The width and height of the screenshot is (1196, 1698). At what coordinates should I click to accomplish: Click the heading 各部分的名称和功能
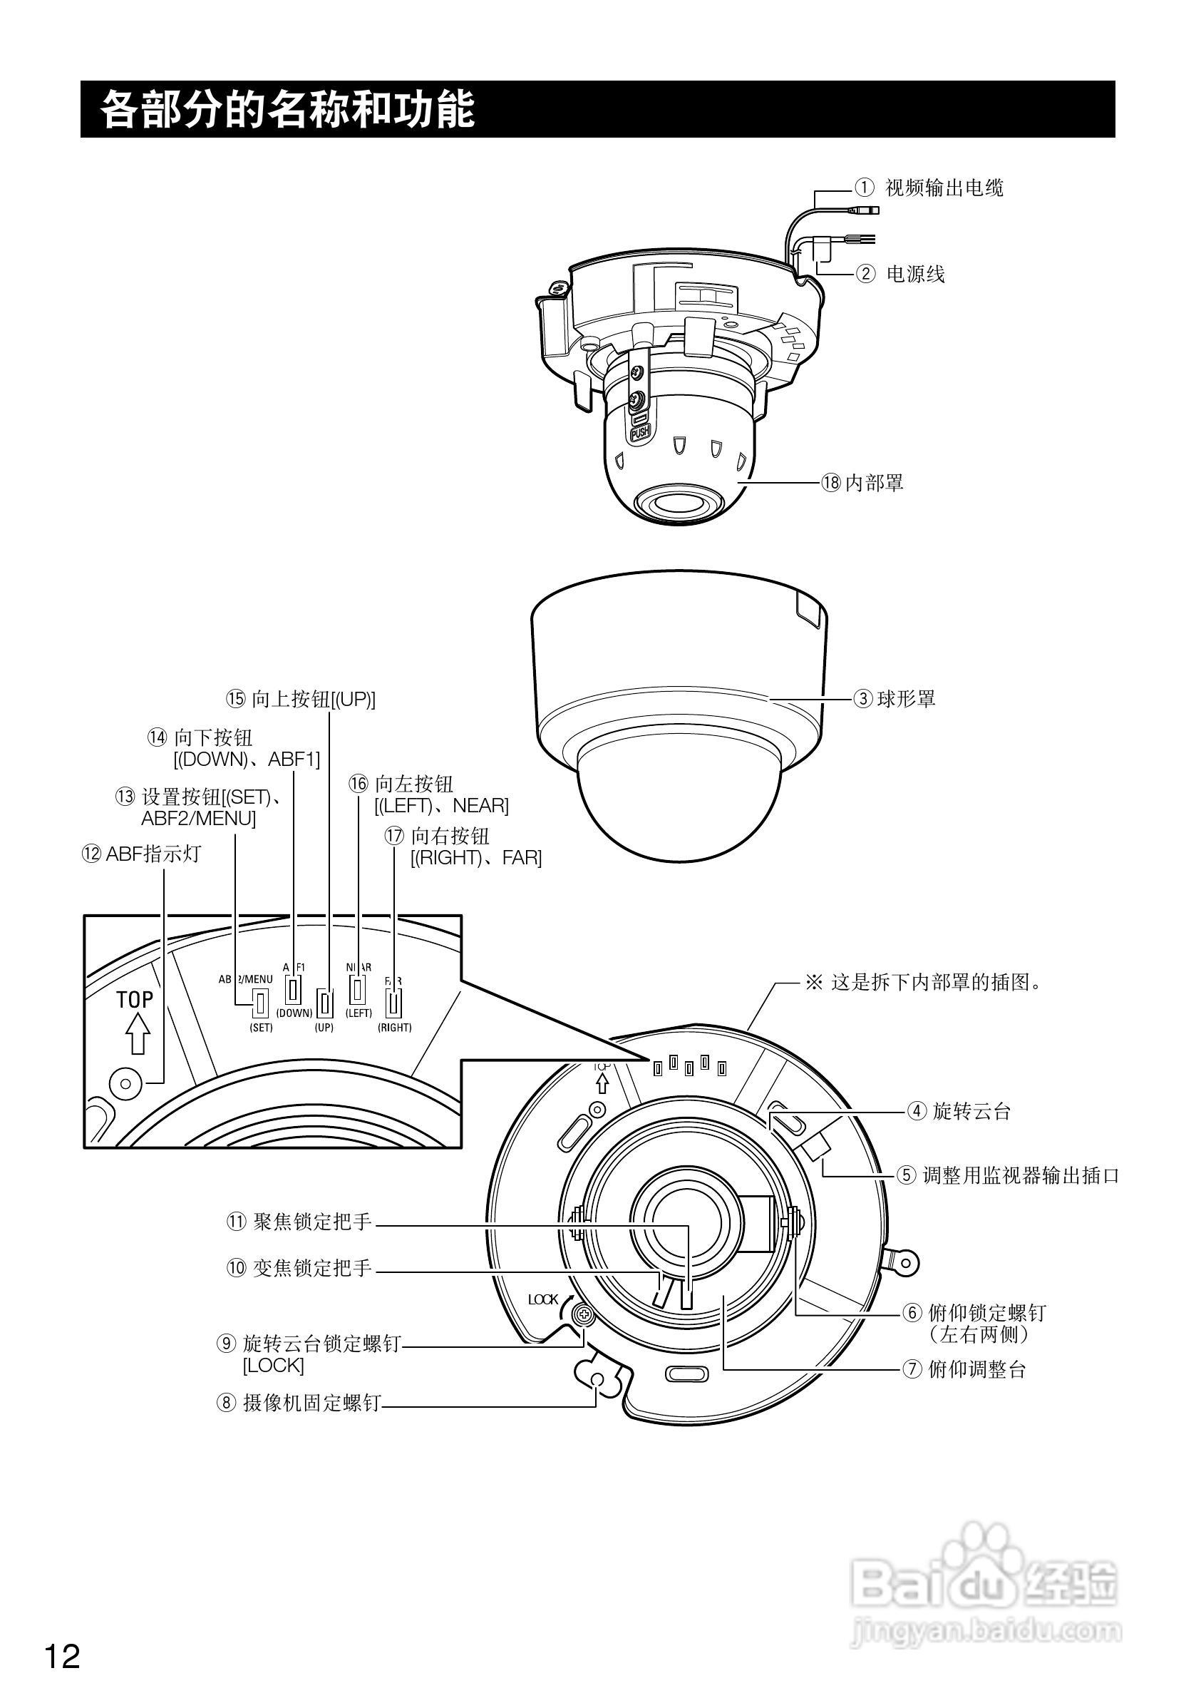(x=287, y=109)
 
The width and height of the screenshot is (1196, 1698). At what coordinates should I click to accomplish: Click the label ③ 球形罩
(x=895, y=698)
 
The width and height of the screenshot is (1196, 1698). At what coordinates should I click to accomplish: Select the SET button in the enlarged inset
(x=260, y=1003)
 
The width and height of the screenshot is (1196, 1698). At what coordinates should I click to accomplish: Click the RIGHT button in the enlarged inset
(x=394, y=1003)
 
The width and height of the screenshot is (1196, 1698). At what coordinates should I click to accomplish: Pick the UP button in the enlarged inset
(x=324, y=1003)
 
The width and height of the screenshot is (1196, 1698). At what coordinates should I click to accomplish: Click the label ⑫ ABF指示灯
(x=141, y=854)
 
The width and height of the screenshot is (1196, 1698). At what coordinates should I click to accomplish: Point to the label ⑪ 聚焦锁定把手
(x=299, y=1221)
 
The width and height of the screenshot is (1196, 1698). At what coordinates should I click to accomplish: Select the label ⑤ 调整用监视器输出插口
(x=1009, y=1175)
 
